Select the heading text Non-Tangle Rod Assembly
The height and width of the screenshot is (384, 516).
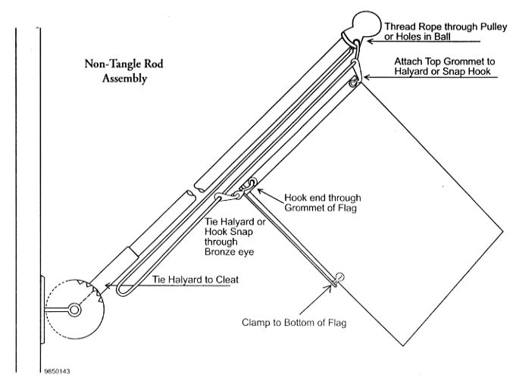(118, 70)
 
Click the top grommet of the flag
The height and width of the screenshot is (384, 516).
(353, 83)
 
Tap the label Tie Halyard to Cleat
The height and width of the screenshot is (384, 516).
(195, 279)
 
